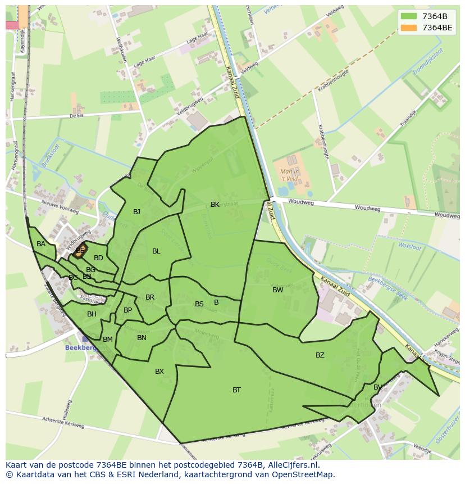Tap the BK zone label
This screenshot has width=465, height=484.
[215, 205]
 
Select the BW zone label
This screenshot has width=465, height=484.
[277, 290]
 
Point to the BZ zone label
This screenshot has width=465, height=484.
[320, 355]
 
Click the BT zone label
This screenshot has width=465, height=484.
[236, 390]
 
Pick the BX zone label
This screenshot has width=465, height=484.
[159, 371]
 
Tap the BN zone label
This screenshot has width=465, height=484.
[142, 337]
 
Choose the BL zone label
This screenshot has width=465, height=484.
[156, 251]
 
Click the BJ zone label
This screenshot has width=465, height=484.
[136, 212]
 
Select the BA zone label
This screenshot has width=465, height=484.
[41, 244]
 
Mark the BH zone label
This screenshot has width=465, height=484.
[92, 314]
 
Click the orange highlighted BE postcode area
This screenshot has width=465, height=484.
[80, 251]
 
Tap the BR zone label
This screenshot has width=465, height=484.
[150, 297]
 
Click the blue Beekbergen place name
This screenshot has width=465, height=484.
[81, 347]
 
